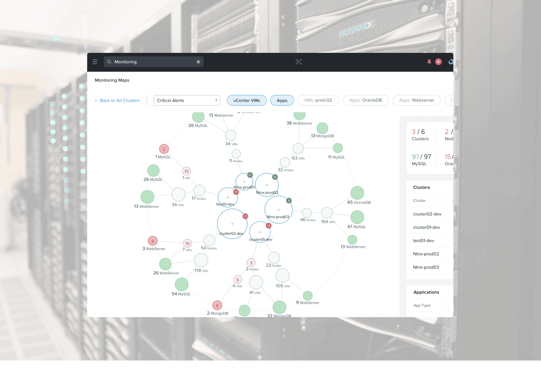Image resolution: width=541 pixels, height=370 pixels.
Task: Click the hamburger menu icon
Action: pyautogui.click(x=95, y=62)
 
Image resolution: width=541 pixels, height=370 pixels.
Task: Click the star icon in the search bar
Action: pyautogui.click(x=198, y=62)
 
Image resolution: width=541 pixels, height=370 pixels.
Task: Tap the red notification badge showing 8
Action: pyautogui.click(x=438, y=62)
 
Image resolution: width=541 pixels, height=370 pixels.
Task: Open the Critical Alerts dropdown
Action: pyautogui.click(x=187, y=100)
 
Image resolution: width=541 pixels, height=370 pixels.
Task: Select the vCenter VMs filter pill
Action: pyautogui.click(x=246, y=100)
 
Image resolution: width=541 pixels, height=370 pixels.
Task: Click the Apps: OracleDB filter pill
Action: pyautogui.click(x=365, y=100)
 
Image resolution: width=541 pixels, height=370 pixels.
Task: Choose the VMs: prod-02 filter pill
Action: pyautogui.click(x=318, y=100)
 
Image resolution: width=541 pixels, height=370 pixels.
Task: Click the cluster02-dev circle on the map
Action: pyautogui.click(x=232, y=224)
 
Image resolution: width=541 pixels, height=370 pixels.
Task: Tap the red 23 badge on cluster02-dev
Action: pyautogui.click(x=245, y=216)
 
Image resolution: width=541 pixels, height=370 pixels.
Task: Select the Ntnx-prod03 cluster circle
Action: pyautogui.click(x=278, y=210)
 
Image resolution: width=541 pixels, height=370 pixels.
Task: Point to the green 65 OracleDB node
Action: pyautogui.click(x=357, y=193)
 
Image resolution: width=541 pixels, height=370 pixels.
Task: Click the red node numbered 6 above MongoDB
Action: pyautogui.click(x=217, y=306)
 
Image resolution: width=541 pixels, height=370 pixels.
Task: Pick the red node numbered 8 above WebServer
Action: pyautogui.click(x=153, y=241)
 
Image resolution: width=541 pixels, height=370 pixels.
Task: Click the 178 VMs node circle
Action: pyautogui.click(x=201, y=260)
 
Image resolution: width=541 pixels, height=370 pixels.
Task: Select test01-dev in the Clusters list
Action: pyautogui.click(x=423, y=240)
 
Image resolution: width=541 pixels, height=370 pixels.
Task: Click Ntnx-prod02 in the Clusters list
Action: pyautogui.click(x=426, y=254)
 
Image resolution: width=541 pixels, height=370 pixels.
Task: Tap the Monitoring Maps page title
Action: pyautogui.click(x=112, y=80)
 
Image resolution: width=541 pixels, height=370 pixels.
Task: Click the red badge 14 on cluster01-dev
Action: pyautogui.click(x=268, y=226)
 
